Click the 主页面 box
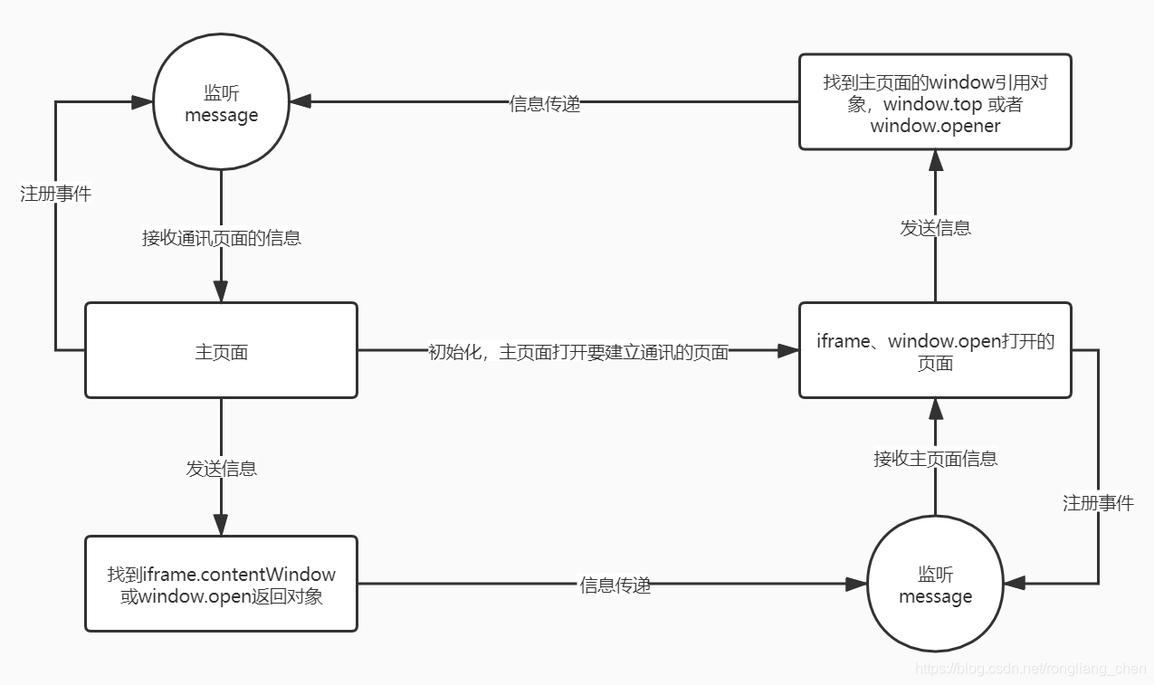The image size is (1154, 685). tap(221, 351)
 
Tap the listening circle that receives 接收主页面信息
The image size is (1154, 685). tap(935, 585)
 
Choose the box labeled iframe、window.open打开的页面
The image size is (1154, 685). tap(935, 351)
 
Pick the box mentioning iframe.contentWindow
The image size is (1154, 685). tap(221, 585)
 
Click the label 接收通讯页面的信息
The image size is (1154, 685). tap(221, 238)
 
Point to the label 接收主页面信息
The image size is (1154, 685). tap(935, 459)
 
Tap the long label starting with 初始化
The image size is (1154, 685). tap(577, 352)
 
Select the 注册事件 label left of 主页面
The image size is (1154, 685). tap(56, 194)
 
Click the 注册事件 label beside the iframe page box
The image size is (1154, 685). tap(1098, 503)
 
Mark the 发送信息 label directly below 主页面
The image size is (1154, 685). tap(221, 468)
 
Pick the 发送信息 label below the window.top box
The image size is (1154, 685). tap(935, 228)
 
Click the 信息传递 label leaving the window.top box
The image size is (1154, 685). tap(545, 103)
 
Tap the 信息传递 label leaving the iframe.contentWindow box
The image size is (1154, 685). tap(615, 585)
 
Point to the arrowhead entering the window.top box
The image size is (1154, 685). tap(935, 161)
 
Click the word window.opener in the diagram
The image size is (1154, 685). tap(935, 126)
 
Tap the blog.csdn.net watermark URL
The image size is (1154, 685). tap(1030, 669)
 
